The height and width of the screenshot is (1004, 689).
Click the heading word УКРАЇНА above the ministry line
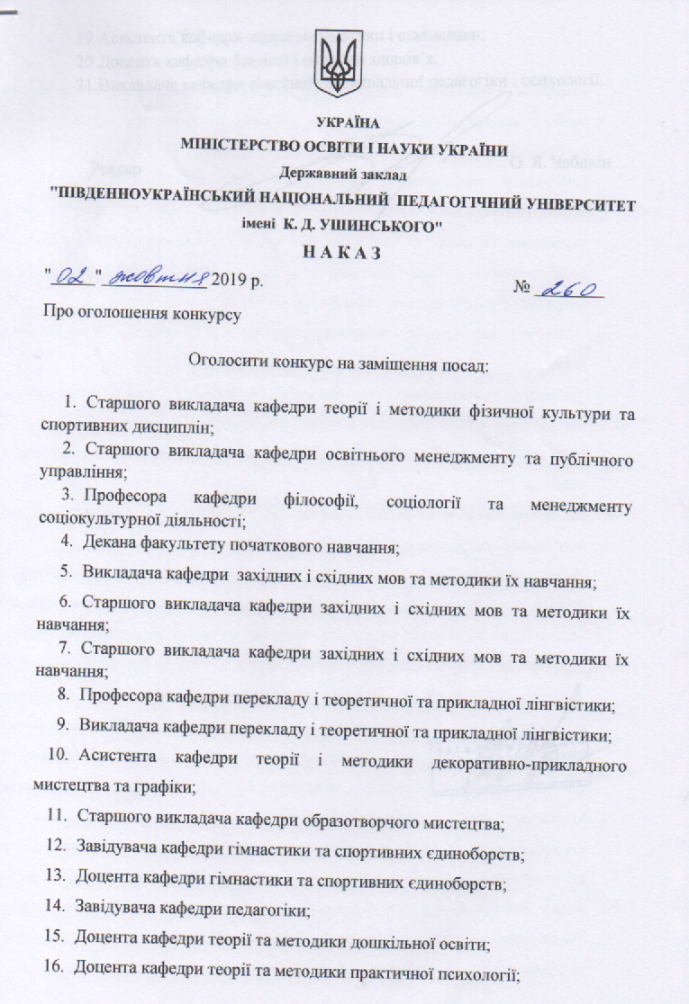pyautogui.click(x=344, y=123)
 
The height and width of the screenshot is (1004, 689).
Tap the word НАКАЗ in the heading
pyautogui.click(x=345, y=253)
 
